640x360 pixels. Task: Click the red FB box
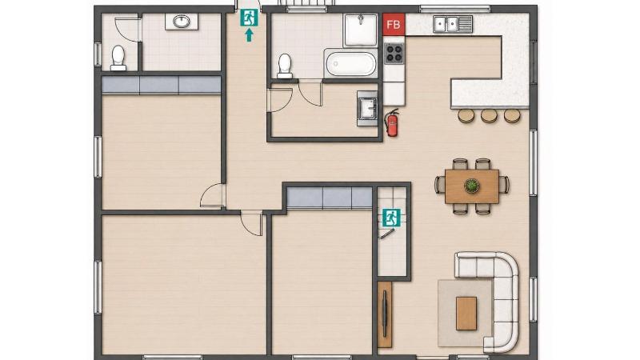394,24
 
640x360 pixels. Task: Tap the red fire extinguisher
392,122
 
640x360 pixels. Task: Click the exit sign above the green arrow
249,18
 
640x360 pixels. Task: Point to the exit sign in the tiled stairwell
391,218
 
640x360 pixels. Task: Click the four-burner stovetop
394,53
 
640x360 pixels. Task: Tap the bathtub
351,63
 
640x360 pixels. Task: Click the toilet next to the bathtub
285,66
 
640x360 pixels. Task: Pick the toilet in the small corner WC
118,58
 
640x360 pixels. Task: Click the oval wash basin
182,22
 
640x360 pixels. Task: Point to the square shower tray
361,30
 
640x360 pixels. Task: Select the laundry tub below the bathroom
368,109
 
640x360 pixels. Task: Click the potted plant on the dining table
472,186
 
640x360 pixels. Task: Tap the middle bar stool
489,115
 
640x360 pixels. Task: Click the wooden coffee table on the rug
466,313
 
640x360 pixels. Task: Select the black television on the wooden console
385,314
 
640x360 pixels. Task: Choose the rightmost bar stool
512,115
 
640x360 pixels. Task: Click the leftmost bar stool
466,115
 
